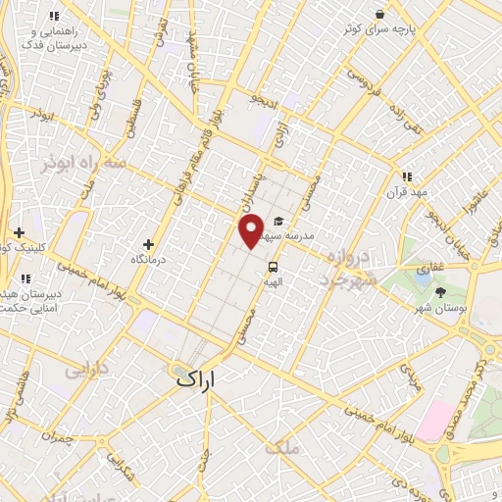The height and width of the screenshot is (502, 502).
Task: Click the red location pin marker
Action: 252,232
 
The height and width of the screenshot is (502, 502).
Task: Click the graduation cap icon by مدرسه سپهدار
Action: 279,222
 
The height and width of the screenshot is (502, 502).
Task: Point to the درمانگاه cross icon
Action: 149,244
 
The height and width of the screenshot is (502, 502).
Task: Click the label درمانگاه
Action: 152,261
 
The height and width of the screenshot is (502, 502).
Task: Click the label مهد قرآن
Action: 408,192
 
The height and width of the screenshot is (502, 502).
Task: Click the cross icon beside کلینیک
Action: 20,233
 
